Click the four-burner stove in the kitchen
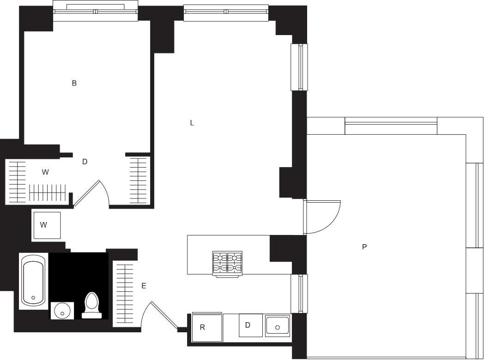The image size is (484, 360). coord(227,264)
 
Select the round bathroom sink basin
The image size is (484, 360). coord(61,311)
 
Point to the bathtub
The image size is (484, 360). coord(33,281)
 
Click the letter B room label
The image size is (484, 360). coord(74,84)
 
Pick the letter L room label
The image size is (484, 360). coord(192,123)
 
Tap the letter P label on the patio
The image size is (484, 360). coord(364,247)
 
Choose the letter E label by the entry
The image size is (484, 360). coord(144,286)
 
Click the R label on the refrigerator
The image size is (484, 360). coord(202,327)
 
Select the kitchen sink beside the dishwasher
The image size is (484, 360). coord(277,326)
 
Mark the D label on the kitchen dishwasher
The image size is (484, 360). coord(248,325)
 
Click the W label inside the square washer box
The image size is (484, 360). coord(43,225)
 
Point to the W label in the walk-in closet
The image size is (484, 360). coord(45,173)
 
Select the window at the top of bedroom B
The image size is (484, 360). coord(95,12)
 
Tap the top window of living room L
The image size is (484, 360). coord(226,12)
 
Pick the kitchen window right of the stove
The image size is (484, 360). coord(301,294)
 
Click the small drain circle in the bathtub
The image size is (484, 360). coord(33,298)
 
